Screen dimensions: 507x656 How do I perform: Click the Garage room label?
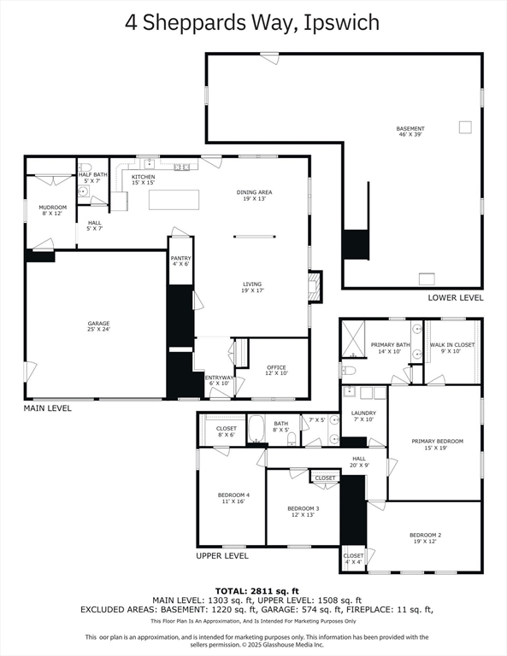coord(99,326)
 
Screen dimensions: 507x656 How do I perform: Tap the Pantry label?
coord(180,261)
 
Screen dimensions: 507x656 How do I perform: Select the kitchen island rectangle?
coord(174,200)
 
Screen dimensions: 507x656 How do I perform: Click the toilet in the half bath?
coord(85,167)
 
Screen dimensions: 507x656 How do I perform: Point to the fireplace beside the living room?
coord(315,287)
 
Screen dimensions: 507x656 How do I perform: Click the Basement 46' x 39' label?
coord(410,132)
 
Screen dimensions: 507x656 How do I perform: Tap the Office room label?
coord(277,370)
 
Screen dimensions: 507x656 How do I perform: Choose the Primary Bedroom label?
coord(437,444)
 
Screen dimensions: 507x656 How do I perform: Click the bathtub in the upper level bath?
coord(255,428)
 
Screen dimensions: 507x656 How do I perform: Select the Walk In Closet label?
coord(452,348)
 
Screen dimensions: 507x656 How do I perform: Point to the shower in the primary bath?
coord(353,339)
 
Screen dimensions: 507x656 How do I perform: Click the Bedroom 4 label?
coord(233,498)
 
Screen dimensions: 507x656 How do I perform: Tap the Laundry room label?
coord(363,416)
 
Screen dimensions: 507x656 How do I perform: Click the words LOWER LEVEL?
coord(456,298)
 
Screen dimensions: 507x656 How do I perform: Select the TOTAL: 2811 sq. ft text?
coord(257,591)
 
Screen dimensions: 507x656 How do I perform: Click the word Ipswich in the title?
coord(341,22)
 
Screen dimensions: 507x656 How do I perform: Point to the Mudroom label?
coord(53,210)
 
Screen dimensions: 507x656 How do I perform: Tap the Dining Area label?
coord(254,196)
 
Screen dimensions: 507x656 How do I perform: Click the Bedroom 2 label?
coord(426,538)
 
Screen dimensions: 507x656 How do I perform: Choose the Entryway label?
coord(219,380)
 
